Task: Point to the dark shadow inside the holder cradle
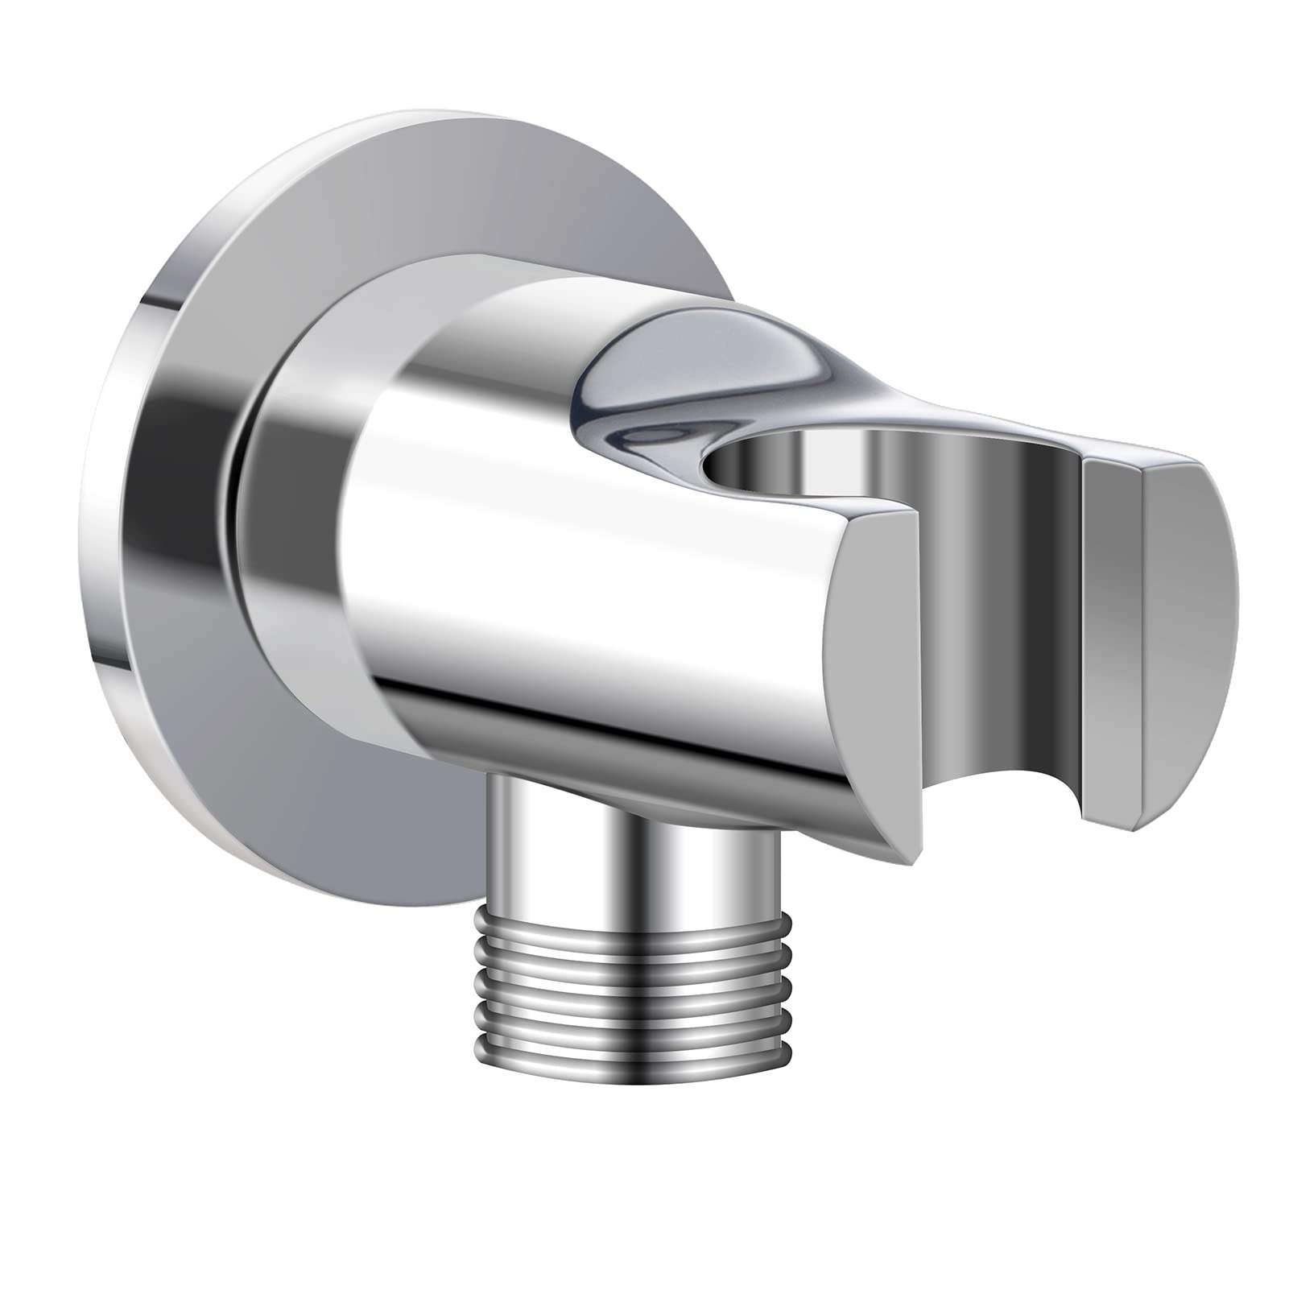coord(1039,612)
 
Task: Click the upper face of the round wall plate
coord(322,185)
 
